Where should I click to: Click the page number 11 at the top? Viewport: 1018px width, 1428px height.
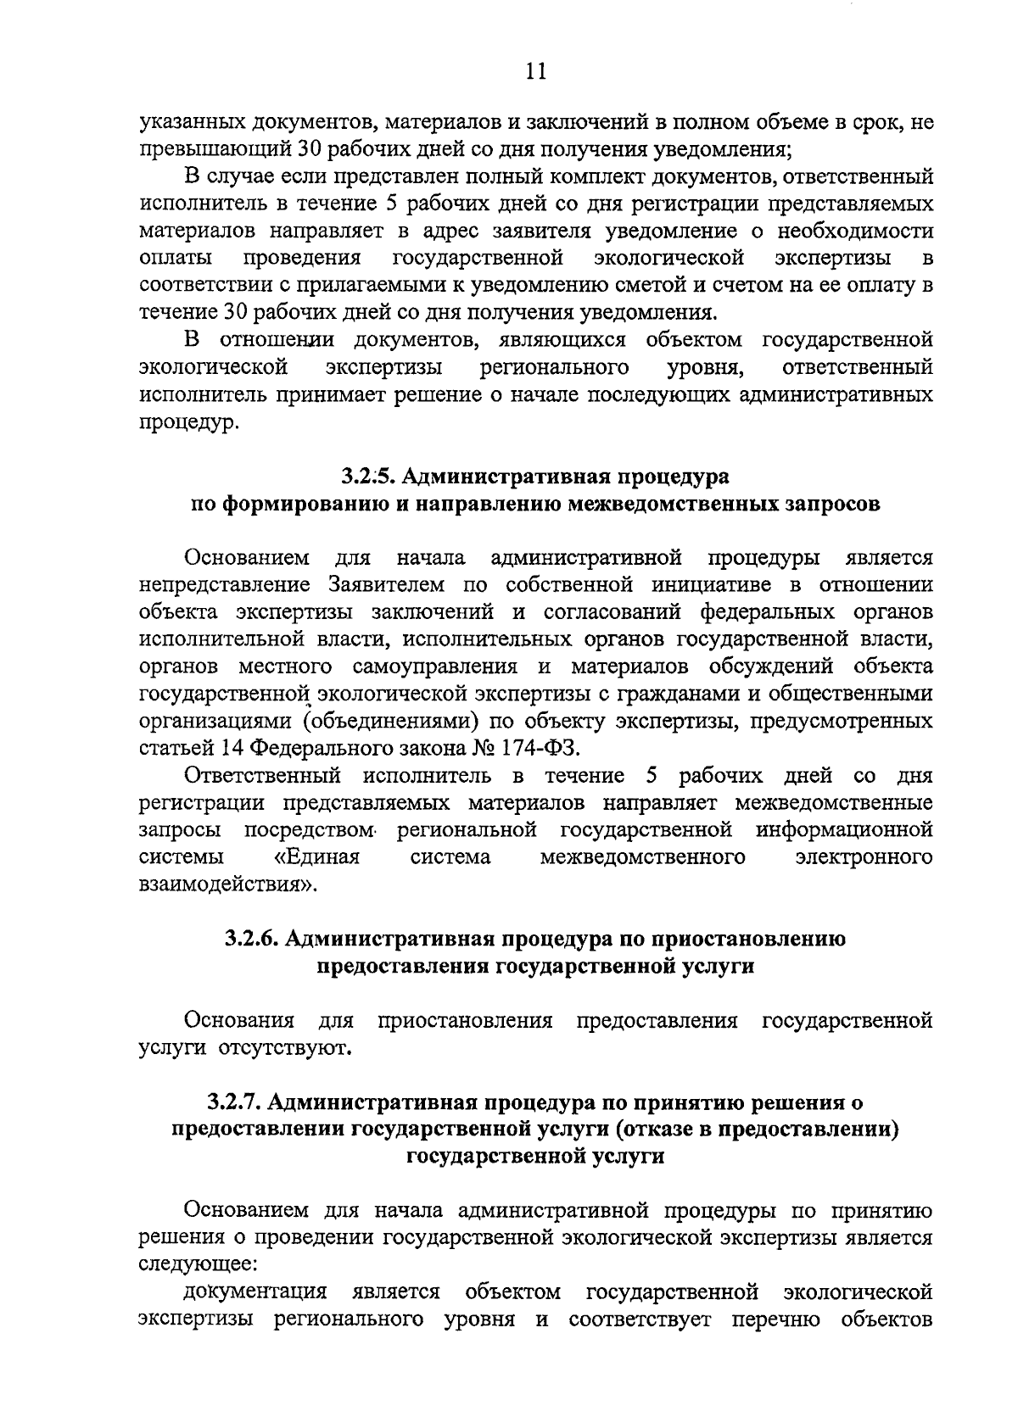(x=535, y=71)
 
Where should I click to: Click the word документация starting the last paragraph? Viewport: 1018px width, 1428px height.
(x=255, y=1293)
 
